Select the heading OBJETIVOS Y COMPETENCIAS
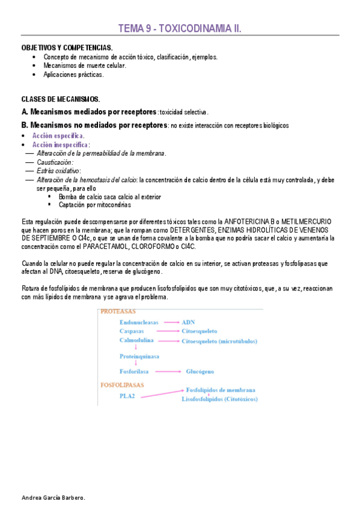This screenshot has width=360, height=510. (x=67, y=47)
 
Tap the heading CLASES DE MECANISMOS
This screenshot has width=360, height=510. (x=61, y=99)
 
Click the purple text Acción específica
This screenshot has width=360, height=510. (x=58, y=137)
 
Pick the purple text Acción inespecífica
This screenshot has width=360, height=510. (x=60, y=145)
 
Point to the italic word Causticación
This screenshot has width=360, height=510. (x=55, y=162)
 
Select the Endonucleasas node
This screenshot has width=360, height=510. (x=139, y=322)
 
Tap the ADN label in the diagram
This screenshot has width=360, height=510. (x=188, y=322)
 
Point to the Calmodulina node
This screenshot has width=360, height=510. (x=136, y=340)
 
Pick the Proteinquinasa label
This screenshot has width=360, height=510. (x=139, y=356)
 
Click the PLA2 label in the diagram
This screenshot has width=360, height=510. (x=127, y=396)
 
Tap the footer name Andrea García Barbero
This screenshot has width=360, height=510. (x=53, y=498)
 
